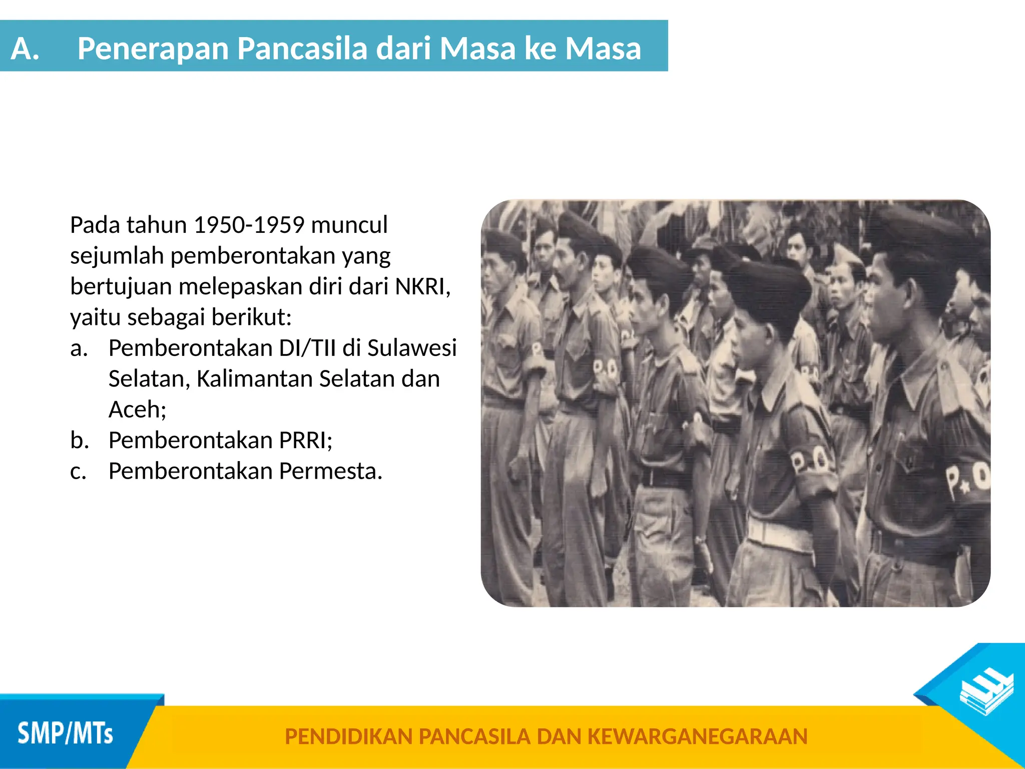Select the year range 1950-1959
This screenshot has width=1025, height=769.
click(249, 225)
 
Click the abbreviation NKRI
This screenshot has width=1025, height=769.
click(422, 287)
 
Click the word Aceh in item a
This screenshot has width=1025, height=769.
click(136, 410)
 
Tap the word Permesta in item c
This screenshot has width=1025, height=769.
click(330, 471)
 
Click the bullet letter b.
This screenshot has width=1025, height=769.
click(79, 441)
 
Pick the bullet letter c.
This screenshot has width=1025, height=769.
click(78, 472)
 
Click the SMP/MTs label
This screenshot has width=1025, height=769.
click(65, 734)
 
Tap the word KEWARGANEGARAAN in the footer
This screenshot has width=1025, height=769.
click(697, 736)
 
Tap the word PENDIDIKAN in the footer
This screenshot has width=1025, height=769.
click(348, 736)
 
